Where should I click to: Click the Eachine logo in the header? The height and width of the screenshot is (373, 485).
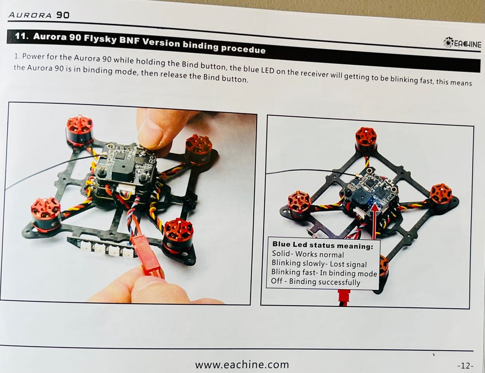click(x=462, y=43)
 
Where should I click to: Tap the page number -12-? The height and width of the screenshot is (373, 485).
click(x=465, y=365)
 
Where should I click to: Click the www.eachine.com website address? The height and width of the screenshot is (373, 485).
click(x=242, y=364)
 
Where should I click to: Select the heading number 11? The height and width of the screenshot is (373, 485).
click(x=21, y=36)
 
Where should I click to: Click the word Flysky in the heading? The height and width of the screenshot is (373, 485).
click(x=100, y=39)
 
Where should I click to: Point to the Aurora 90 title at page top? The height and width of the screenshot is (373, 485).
click(x=39, y=15)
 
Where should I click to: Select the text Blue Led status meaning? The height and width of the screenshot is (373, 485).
click(x=323, y=245)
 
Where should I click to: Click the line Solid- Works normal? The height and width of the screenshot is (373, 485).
click(x=308, y=254)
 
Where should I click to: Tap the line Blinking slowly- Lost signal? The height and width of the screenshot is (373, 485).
click(x=319, y=263)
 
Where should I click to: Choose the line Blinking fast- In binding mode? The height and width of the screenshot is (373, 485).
click(x=324, y=273)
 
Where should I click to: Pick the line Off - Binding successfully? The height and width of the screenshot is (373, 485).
click(x=315, y=282)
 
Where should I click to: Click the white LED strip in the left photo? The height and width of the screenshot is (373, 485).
click(x=102, y=248)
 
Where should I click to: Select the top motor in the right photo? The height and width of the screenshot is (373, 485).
click(x=366, y=139)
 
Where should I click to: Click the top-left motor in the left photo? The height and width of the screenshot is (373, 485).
click(x=79, y=130)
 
